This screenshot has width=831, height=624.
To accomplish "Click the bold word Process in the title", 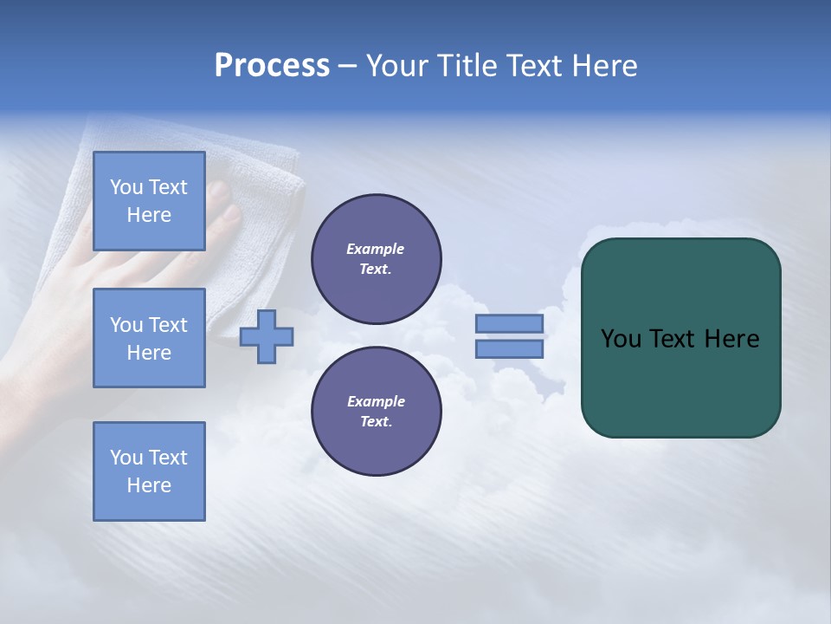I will (272, 66).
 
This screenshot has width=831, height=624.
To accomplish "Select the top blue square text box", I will (149, 201).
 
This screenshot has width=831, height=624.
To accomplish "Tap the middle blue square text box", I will (149, 338).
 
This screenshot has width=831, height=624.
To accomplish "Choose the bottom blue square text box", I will (149, 471).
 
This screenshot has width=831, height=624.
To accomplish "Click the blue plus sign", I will (267, 336).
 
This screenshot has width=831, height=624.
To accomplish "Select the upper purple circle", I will (377, 258).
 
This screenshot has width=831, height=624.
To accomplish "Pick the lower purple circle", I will (377, 411).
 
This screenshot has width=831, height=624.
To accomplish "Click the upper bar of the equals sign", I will (509, 323).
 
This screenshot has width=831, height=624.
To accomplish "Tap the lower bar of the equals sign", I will (509, 348).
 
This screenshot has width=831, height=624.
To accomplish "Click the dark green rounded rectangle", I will (681, 381).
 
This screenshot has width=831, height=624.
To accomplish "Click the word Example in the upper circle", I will (376, 249).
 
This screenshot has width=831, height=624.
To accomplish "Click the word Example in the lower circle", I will (376, 401).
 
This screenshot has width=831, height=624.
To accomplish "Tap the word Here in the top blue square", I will (149, 215).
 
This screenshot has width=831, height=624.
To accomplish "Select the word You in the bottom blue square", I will (126, 458).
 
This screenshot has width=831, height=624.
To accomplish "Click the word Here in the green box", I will (731, 339).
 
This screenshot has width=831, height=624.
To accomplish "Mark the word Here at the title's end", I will (604, 66).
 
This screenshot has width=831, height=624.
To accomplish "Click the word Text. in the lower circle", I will (376, 421).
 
